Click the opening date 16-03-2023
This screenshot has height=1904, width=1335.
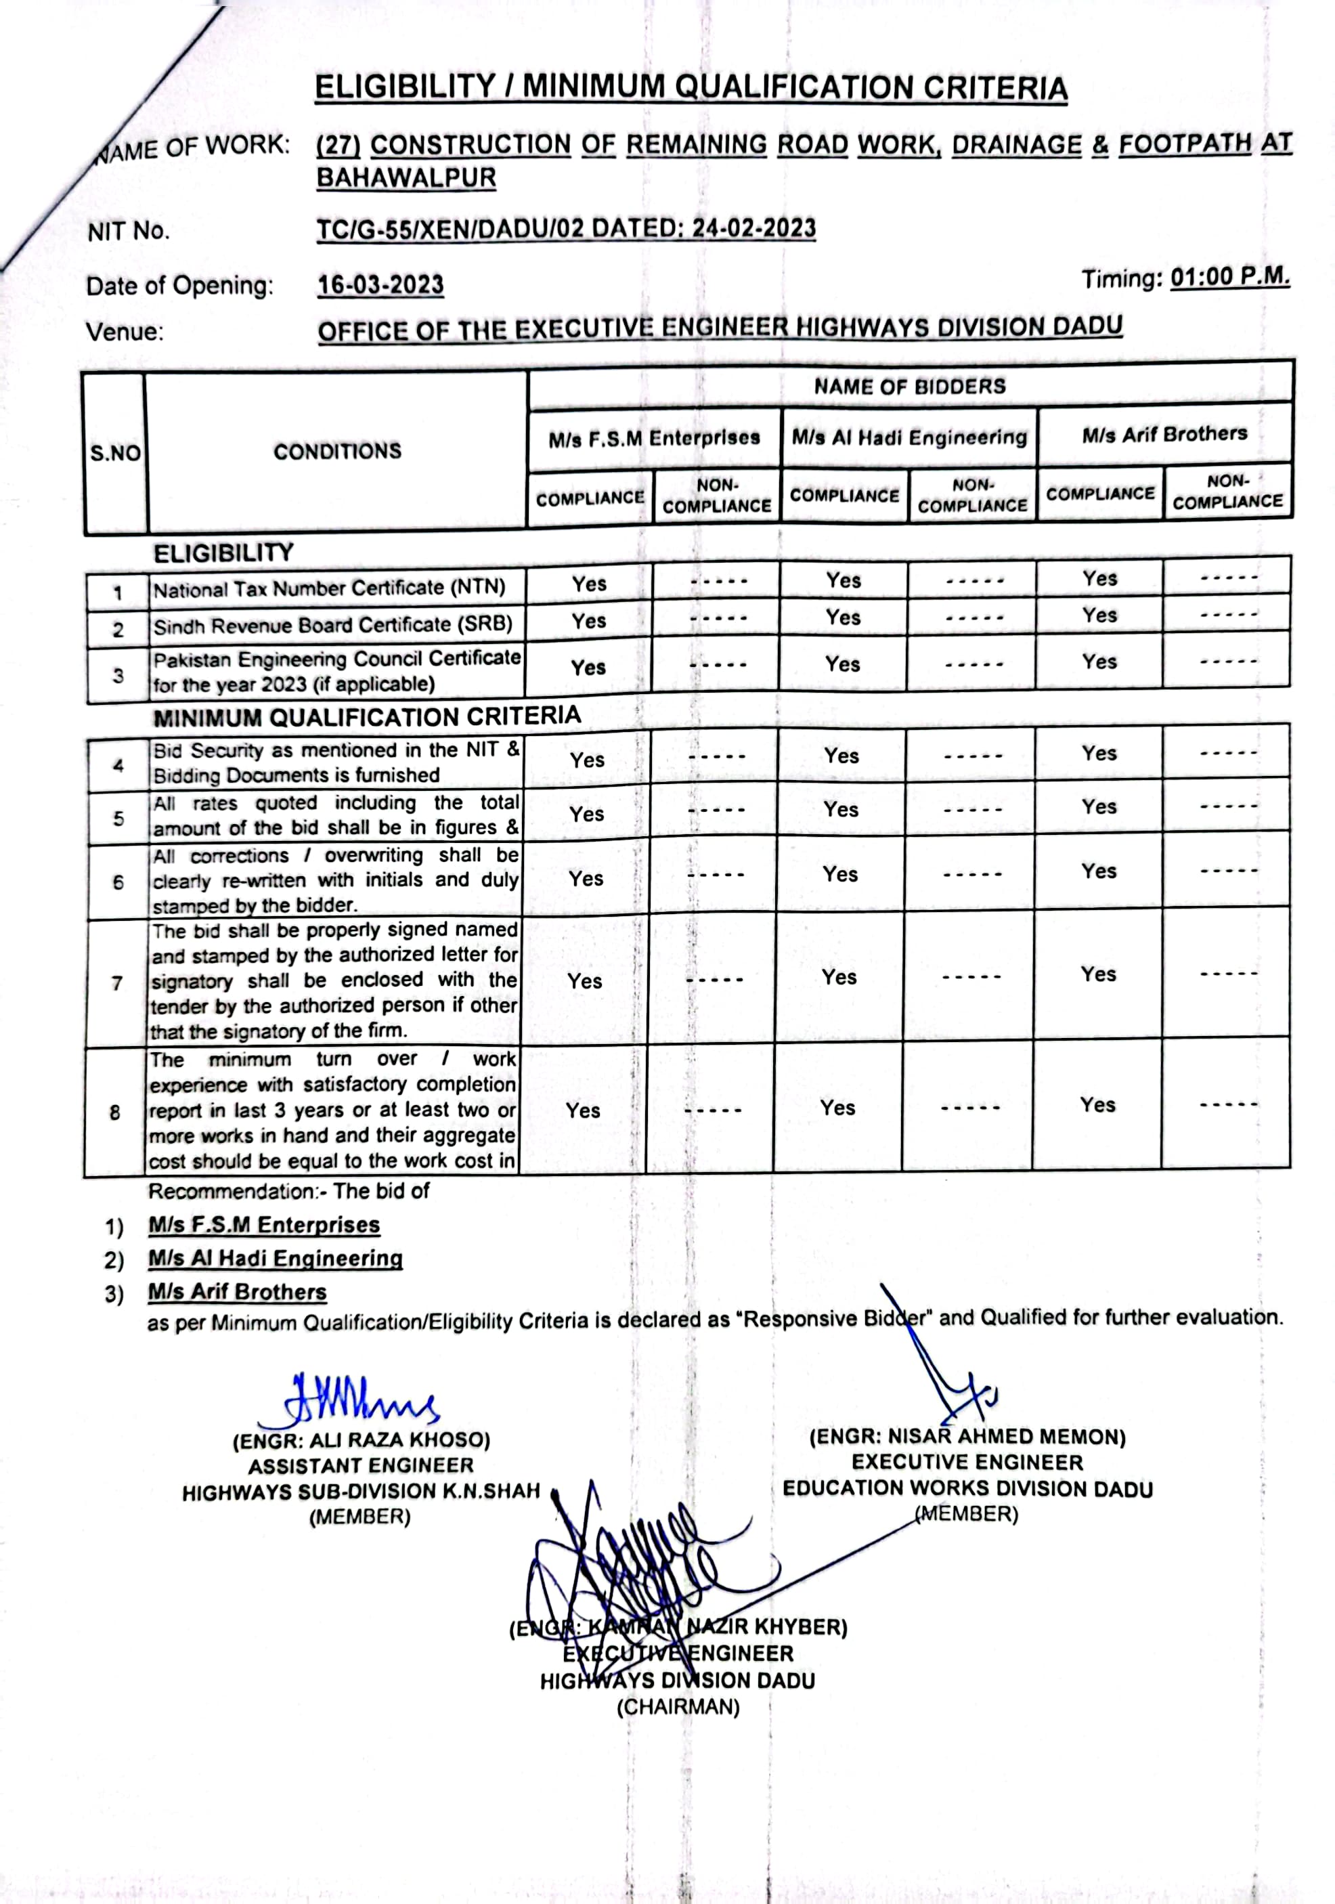[380, 284]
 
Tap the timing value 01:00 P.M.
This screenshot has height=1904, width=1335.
[1229, 276]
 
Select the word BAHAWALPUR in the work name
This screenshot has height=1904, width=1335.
[406, 177]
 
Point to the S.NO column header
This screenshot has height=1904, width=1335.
[115, 453]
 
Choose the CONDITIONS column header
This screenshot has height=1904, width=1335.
[338, 451]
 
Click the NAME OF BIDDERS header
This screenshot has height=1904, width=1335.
[910, 387]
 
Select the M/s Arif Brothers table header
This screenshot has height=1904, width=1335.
[1164, 434]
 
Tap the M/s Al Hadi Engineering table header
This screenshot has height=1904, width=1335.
[909, 437]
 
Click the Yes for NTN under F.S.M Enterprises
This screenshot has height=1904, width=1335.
[589, 584]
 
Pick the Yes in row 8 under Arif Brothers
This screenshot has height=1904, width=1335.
[1097, 1104]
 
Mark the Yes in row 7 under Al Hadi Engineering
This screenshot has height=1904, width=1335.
[839, 977]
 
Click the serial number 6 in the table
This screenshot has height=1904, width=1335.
[118, 882]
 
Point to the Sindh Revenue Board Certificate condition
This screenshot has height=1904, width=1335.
[332, 624]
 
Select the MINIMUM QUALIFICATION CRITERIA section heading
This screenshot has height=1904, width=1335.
[366, 716]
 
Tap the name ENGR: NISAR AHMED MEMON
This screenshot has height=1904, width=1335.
[967, 1436]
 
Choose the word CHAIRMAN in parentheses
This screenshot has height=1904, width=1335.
[678, 1707]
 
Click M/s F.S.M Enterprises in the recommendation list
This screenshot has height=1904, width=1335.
[264, 1225]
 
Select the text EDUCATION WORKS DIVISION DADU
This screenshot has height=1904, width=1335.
[967, 1488]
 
